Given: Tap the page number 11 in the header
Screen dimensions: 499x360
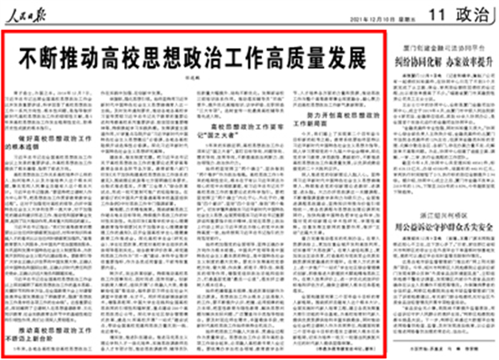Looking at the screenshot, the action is (417, 15).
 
